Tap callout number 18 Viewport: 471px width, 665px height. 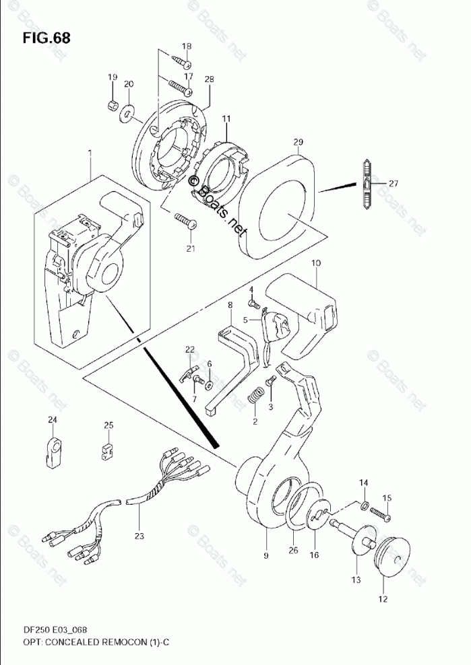187,46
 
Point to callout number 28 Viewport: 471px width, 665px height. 209,80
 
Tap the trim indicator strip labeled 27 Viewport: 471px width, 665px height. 365,182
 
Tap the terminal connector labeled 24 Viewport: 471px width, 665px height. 53,450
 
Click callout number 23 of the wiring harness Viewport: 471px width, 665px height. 139,537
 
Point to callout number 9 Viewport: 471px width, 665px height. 265,556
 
